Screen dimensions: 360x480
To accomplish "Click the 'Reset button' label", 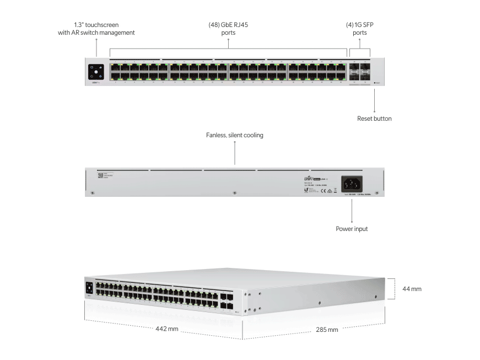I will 374,119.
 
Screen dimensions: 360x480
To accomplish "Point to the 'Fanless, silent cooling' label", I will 235,135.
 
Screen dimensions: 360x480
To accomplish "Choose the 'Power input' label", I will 352,228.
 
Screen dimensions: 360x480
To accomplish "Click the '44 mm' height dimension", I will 413,289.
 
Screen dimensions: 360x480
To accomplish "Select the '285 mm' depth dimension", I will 327,329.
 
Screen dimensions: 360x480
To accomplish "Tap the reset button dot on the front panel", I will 375,82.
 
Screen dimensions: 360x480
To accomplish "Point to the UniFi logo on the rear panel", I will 311,179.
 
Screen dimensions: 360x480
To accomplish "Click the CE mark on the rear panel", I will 325,190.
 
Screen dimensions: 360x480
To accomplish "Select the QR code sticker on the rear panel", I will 100,176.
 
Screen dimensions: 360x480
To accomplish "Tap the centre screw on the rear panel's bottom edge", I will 235,192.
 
